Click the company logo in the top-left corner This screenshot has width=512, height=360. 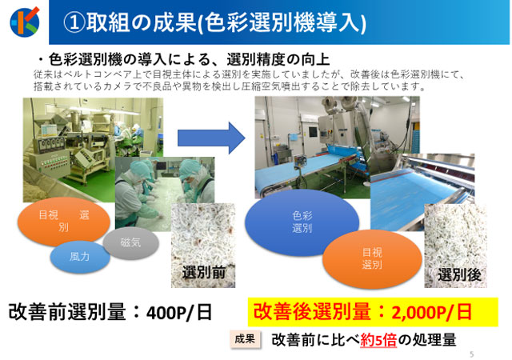[25, 22]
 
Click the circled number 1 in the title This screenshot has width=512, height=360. [74, 23]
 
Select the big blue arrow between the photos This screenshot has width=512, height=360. [211, 138]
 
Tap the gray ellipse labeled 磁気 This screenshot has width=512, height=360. [131, 242]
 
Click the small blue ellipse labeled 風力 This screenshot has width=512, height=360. [80, 257]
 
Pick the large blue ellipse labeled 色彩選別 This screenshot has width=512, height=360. [302, 222]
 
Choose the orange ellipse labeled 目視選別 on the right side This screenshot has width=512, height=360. [372, 258]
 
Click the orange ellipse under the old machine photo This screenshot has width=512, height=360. [64, 221]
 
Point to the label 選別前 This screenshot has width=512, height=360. [204, 273]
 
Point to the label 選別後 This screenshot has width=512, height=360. [459, 274]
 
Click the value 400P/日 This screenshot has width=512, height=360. [179, 313]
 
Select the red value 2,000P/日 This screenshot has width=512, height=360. [432, 312]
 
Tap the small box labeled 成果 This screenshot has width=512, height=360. [246, 339]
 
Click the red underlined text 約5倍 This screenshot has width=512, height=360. [378, 340]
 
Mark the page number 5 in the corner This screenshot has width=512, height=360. [471, 354]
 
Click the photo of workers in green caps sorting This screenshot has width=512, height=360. [165, 194]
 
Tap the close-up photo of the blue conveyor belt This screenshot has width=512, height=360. [422, 192]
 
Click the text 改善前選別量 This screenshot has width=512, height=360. [67, 312]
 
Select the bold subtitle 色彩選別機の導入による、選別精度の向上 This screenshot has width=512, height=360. [189, 59]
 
